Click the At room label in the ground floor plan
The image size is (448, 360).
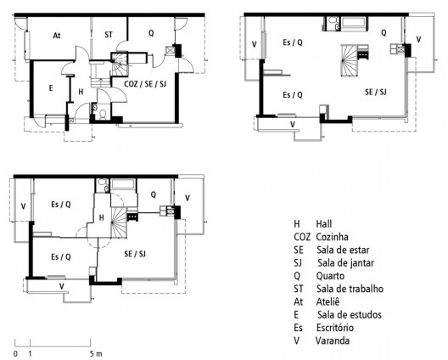pos(57,36)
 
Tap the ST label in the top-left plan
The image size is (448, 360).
pos(109,35)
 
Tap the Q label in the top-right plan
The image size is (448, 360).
pos(384,33)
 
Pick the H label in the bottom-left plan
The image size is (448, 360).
pos(102,217)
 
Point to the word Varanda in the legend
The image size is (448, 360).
pos(333,340)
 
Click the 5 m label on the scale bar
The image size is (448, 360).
pos(96,352)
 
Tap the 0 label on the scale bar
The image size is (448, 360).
pos(15,352)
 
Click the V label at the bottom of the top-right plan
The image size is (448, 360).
pos(293,124)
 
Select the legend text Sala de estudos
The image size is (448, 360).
pos(350,314)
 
